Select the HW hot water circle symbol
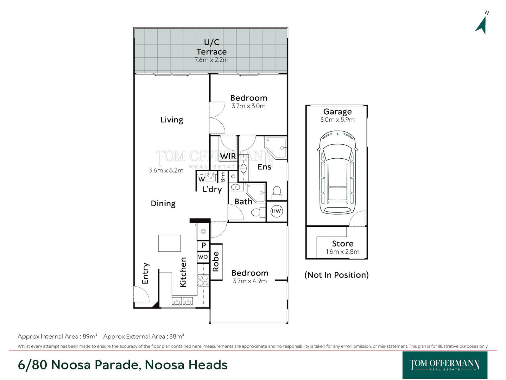point(276,211)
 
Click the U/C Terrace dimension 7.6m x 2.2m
point(211,60)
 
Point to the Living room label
point(172,120)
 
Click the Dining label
point(163,203)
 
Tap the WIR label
point(228,156)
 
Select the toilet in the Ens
point(277,193)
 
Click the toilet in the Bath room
point(259,212)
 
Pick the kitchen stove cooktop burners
point(203,280)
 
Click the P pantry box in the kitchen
point(203,246)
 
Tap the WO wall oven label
point(203,257)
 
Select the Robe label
point(216,262)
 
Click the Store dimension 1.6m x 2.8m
point(343,252)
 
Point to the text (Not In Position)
point(337,275)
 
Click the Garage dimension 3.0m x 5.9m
point(337,120)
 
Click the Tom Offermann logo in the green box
point(445,365)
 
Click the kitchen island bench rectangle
point(169,243)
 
